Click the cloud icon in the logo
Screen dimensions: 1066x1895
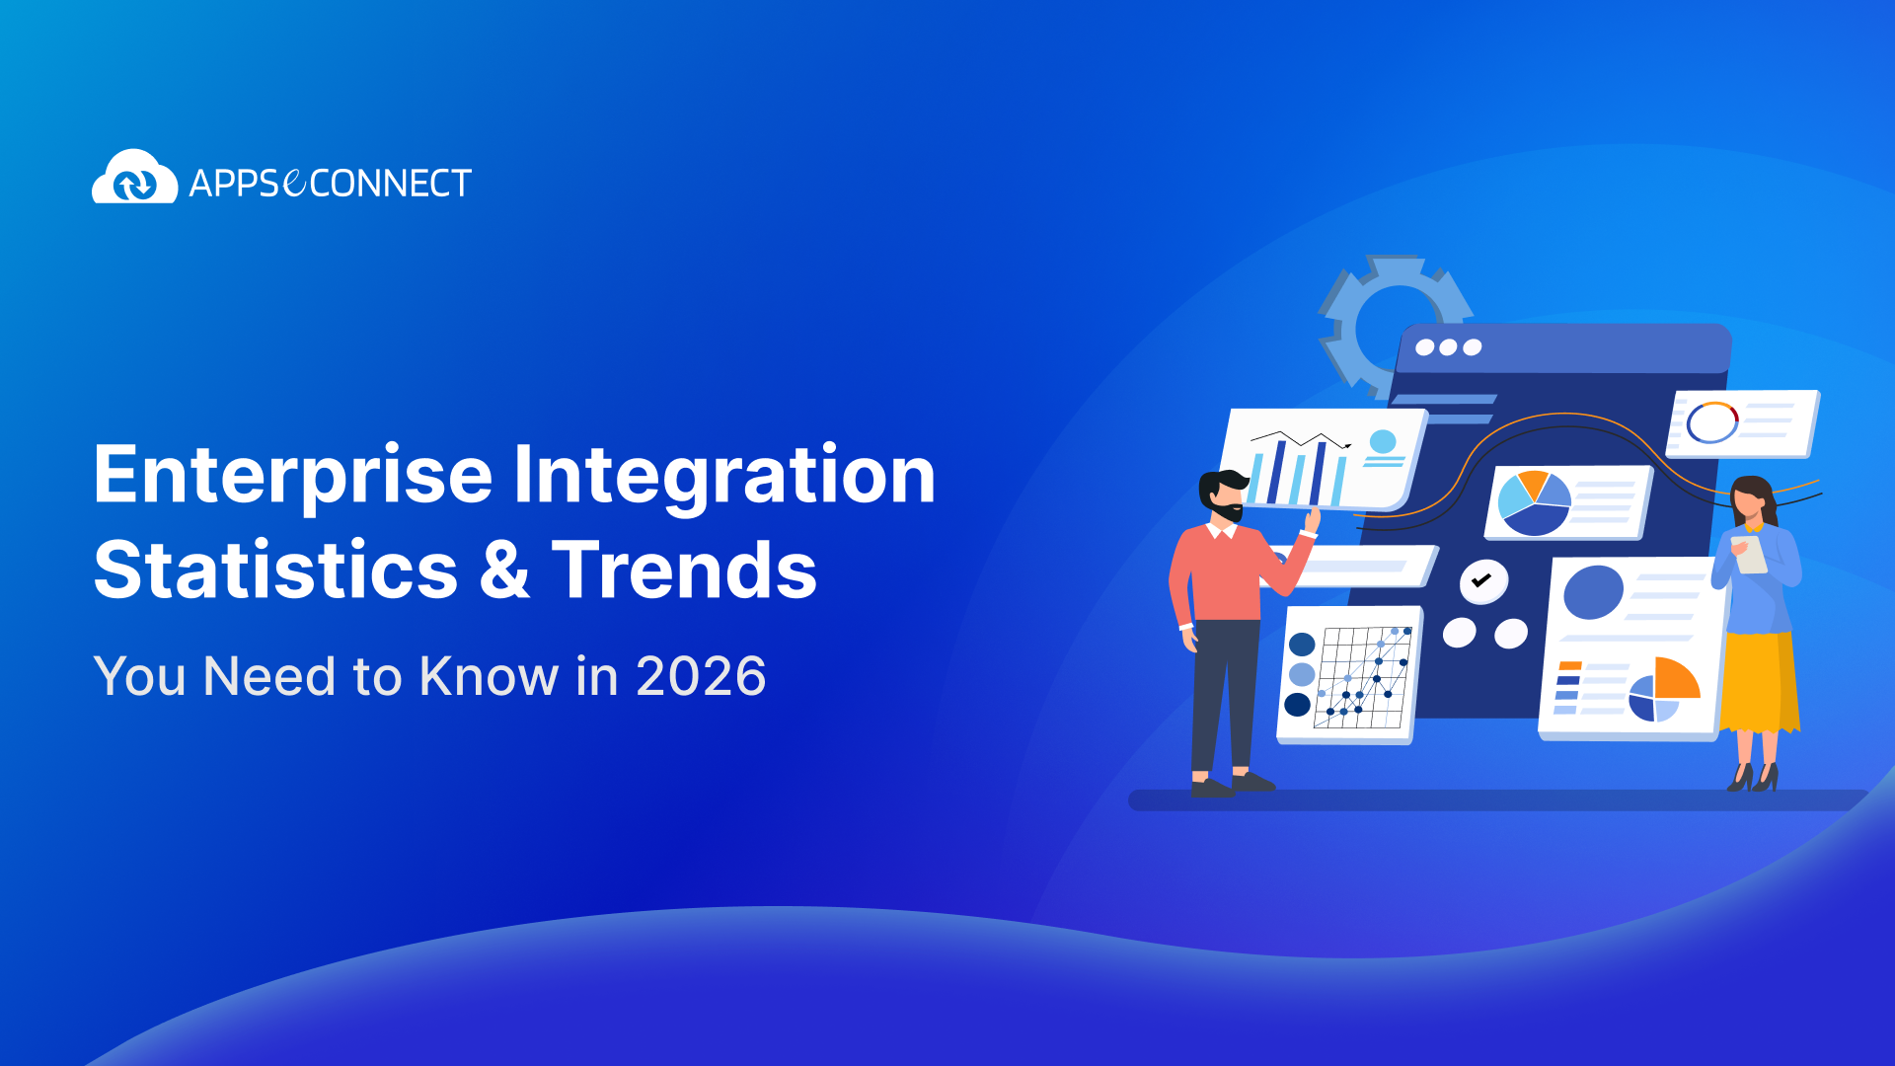[134, 179]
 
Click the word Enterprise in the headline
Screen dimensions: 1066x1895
[293, 476]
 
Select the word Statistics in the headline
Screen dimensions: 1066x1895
[275, 571]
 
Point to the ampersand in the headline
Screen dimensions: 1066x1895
[504, 571]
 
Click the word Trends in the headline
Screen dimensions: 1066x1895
[684, 571]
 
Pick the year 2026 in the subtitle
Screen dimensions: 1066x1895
[701, 677]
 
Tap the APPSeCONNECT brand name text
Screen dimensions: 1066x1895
[330, 184]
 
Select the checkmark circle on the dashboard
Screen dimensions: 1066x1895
[1482, 581]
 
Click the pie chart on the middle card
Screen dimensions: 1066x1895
[1534, 502]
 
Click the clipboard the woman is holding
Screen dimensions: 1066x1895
[1751, 555]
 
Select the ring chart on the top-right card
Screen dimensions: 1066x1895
[1712, 422]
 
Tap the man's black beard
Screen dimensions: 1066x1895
[1228, 512]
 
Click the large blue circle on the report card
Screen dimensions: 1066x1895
[1593, 592]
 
